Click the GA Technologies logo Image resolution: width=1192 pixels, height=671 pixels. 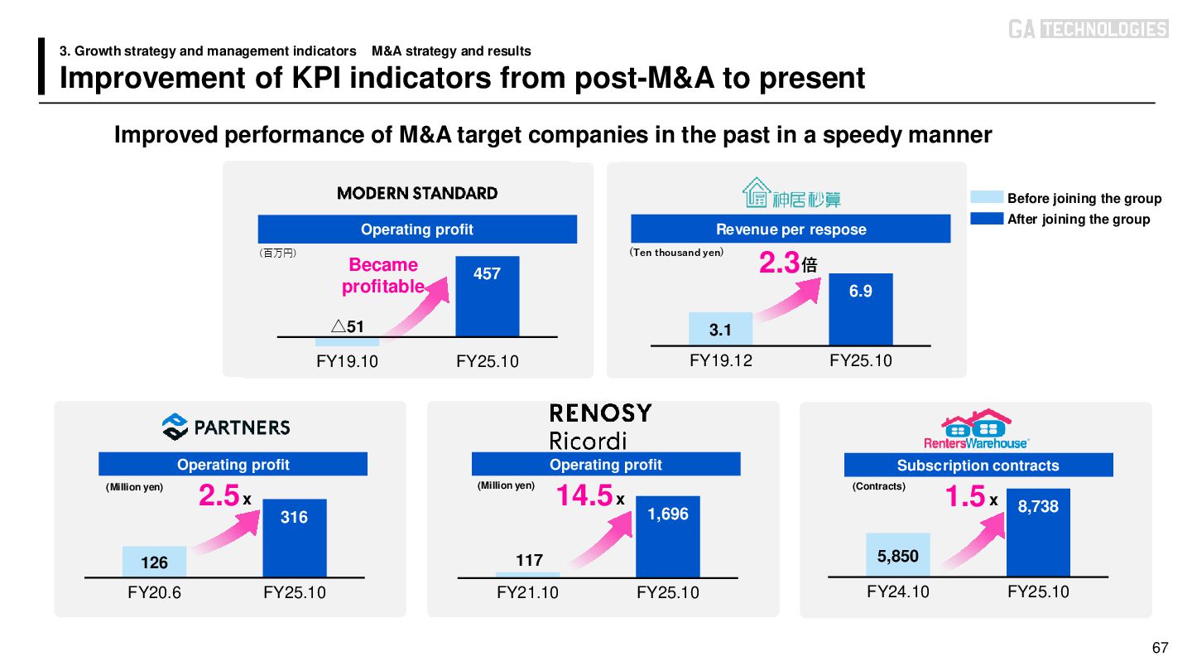pos(1088,29)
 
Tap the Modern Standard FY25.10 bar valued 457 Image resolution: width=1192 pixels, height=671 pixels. pos(488,296)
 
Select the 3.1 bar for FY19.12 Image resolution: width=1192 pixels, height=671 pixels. pos(720,329)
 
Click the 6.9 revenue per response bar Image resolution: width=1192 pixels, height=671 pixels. pos(861,309)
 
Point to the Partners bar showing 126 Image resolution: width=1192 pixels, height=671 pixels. pos(154,562)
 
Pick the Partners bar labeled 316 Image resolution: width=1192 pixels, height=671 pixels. pos(295,538)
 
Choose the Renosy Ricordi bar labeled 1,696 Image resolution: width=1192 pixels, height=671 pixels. pos(668,536)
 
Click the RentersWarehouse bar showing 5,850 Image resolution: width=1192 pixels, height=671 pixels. pos(898,554)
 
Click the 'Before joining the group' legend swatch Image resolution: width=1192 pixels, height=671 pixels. pos(987,197)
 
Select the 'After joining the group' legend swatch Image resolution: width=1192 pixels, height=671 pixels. pos(987,219)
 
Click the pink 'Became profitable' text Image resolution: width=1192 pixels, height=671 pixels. pos(383,276)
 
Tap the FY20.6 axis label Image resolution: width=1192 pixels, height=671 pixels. pos(155,592)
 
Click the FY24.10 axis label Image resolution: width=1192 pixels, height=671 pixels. pos(898,591)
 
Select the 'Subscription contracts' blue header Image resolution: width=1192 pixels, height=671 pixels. pos(978,466)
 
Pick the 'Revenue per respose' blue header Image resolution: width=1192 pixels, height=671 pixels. pos(790,229)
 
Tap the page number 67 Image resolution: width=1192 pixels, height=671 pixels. pos(1160,647)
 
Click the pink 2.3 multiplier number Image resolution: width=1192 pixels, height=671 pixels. pos(779,264)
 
